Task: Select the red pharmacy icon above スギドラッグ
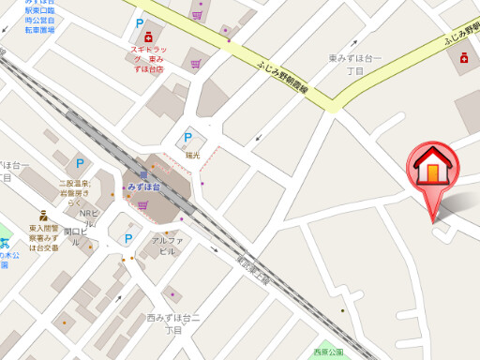(148, 37)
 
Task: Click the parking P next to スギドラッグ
(140, 23)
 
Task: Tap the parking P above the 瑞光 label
(187, 138)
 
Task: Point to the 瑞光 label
(193, 155)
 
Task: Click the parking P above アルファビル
(128, 239)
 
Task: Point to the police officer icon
(43, 215)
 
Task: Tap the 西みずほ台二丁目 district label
(173, 324)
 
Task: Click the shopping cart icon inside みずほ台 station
(142, 204)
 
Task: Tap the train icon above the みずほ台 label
(143, 174)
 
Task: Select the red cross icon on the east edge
(465, 58)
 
